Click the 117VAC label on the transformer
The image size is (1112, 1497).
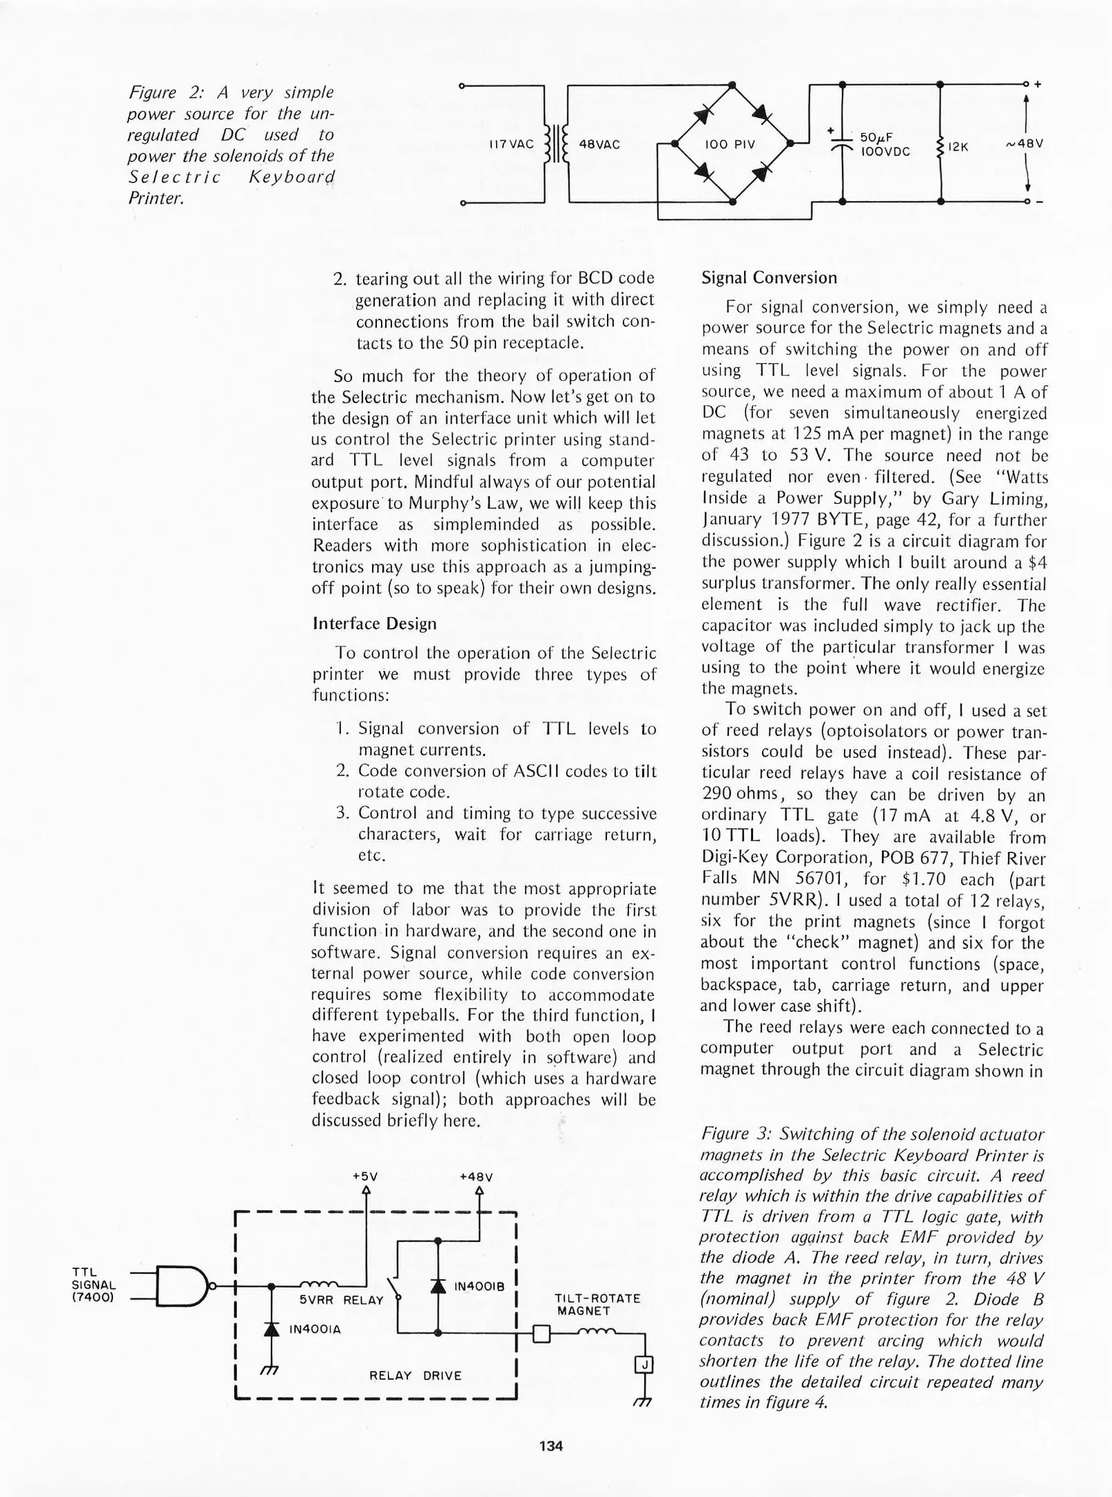511,144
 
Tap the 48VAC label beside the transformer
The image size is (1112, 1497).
599,144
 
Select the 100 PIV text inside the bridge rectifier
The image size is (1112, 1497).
729,144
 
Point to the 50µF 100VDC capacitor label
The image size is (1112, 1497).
884,144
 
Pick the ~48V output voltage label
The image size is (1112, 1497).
1025,143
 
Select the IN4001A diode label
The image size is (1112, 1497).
315,1330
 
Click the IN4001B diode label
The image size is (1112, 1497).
479,1286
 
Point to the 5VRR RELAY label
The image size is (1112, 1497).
341,1301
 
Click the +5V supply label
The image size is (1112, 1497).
365,1177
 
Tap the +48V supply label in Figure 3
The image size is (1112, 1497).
476,1177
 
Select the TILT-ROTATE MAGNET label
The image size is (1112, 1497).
597,1304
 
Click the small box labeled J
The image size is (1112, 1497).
644,1365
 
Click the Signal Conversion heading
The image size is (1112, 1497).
769,278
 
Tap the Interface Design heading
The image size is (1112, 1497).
375,623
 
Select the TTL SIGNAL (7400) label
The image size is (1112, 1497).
94,1285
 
